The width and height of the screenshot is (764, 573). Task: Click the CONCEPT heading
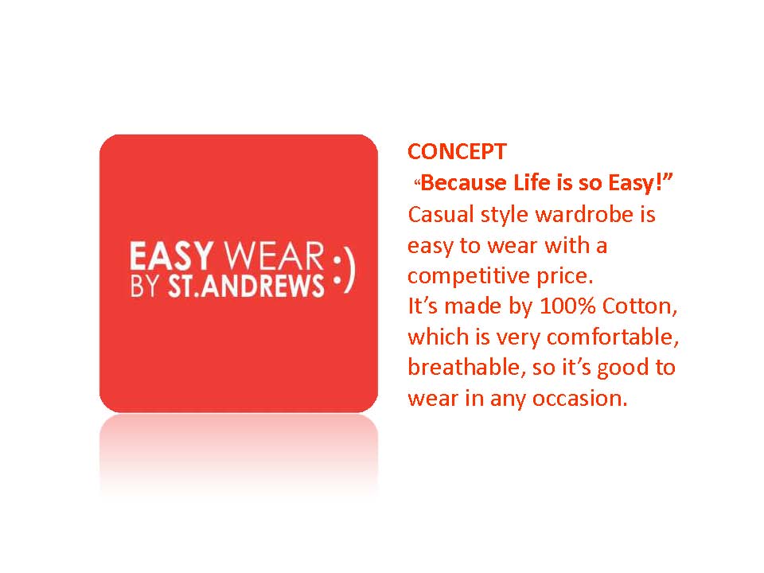[x=457, y=151]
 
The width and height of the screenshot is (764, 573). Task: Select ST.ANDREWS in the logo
[x=246, y=286]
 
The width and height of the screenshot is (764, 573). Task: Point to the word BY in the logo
[x=144, y=286]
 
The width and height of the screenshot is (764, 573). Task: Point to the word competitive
[x=468, y=276]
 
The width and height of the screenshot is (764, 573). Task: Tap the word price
[x=565, y=276]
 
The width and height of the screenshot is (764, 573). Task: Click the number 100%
[x=567, y=306]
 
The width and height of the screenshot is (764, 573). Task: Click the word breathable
[x=467, y=368]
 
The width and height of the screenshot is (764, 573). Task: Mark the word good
[x=622, y=368]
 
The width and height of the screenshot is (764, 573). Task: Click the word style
[x=505, y=216]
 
